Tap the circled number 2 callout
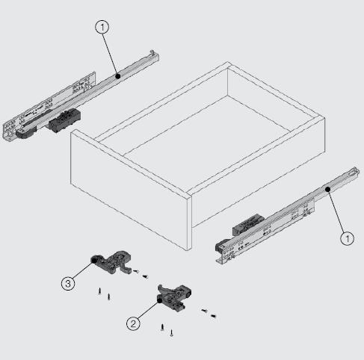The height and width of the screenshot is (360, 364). tap(132, 323)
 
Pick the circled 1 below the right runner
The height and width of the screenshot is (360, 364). tap(347, 239)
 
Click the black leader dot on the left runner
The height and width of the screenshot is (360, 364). tap(118, 75)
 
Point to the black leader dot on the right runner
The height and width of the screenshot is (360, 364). tap(328, 190)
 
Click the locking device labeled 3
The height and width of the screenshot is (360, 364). tap(111, 261)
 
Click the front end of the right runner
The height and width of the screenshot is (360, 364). tap(220, 250)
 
